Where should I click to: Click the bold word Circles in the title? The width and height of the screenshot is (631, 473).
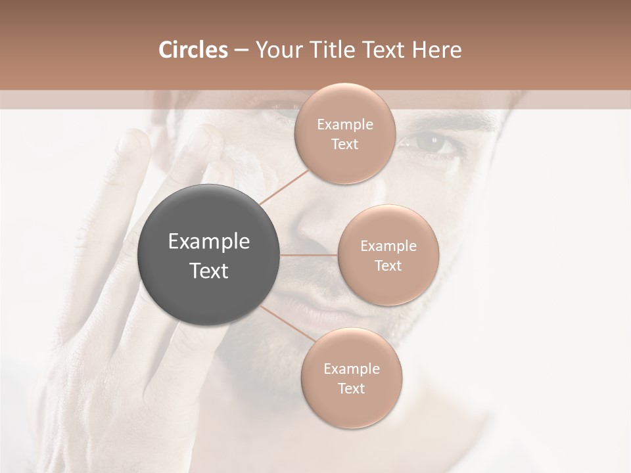(x=193, y=50)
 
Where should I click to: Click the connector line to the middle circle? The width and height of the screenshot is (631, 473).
(x=309, y=255)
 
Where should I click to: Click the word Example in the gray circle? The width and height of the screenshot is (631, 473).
(x=208, y=242)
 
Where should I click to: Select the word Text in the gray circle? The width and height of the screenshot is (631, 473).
(x=208, y=271)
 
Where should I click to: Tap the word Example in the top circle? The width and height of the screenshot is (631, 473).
(x=344, y=125)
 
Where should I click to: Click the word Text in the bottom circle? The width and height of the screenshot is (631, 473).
(x=351, y=388)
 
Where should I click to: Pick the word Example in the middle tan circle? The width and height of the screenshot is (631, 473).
(x=388, y=246)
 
